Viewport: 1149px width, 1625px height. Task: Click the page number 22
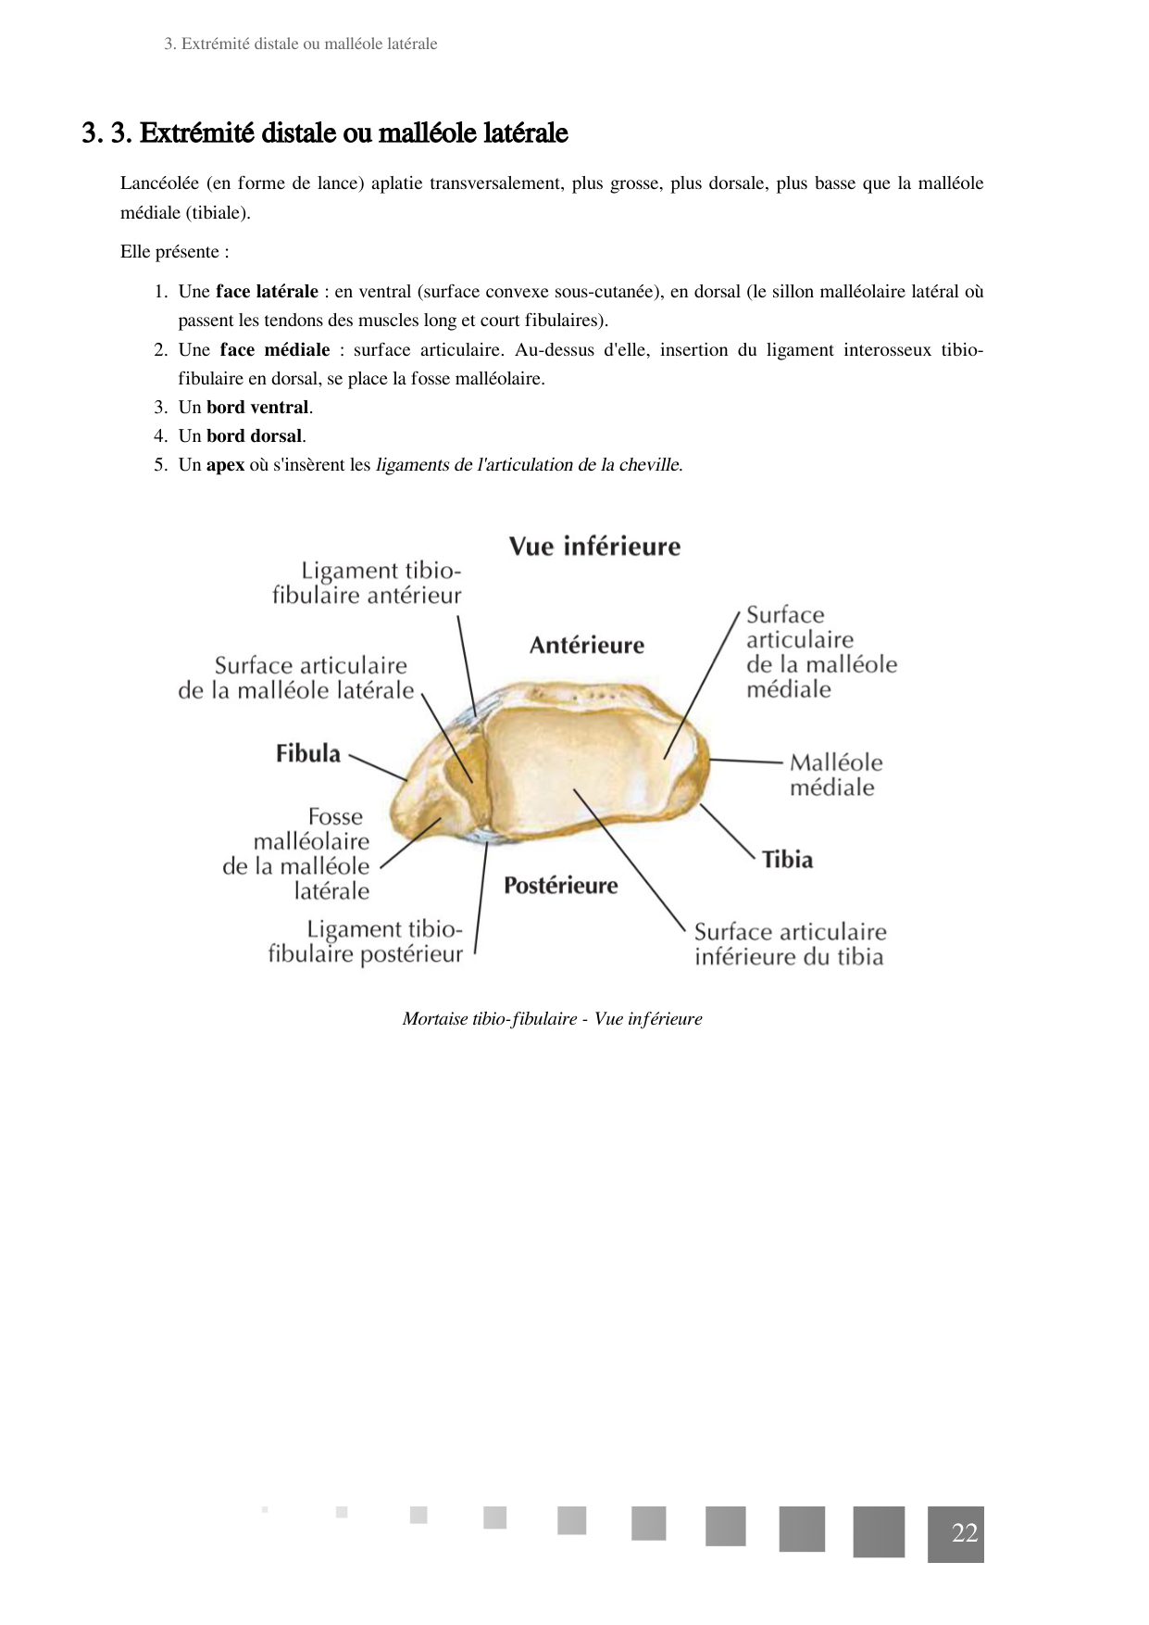click(x=964, y=1533)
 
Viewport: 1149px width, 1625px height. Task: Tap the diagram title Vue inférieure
click(x=594, y=547)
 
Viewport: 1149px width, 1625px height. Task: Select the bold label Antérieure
click(x=586, y=645)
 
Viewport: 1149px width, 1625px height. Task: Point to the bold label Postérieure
click(x=560, y=886)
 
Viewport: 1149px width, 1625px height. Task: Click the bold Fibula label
click(x=307, y=753)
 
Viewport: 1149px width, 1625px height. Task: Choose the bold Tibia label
click(x=787, y=860)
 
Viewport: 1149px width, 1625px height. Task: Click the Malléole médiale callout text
click(x=835, y=775)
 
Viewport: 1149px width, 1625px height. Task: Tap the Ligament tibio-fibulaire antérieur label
click(x=368, y=583)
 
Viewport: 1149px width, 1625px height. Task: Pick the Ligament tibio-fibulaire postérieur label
click(x=366, y=941)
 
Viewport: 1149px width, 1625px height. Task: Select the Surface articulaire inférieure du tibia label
click(x=790, y=944)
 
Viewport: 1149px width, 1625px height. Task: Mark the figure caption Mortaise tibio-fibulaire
click(x=552, y=1018)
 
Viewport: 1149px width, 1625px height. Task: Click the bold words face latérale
click(x=267, y=292)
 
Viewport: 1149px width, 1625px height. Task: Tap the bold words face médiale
click(x=274, y=350)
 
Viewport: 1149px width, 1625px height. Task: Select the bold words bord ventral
click(x=257, y=408)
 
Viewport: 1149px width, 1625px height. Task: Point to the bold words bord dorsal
click(x=255, y=436)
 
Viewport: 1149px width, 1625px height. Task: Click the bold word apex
click(x=225, y=465)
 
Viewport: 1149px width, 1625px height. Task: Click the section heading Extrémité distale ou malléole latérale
click(x=353, y=133)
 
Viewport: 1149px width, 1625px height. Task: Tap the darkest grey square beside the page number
click(x=879, y=1531)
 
